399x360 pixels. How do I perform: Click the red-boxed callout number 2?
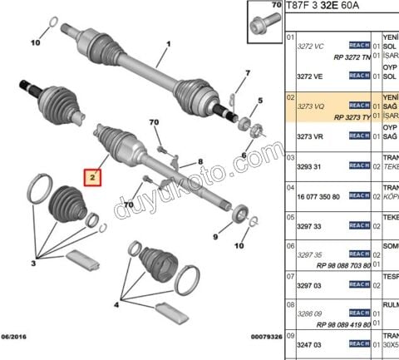(94, 176)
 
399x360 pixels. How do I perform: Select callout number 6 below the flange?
(244, 155)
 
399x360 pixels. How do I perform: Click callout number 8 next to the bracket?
(199, 161)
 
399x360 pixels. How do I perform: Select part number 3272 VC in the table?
(310, 47)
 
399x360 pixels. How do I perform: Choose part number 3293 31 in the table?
(309, 165)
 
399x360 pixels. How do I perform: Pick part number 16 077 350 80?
(318, 196)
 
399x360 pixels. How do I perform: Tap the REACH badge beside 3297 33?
(359, 225)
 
